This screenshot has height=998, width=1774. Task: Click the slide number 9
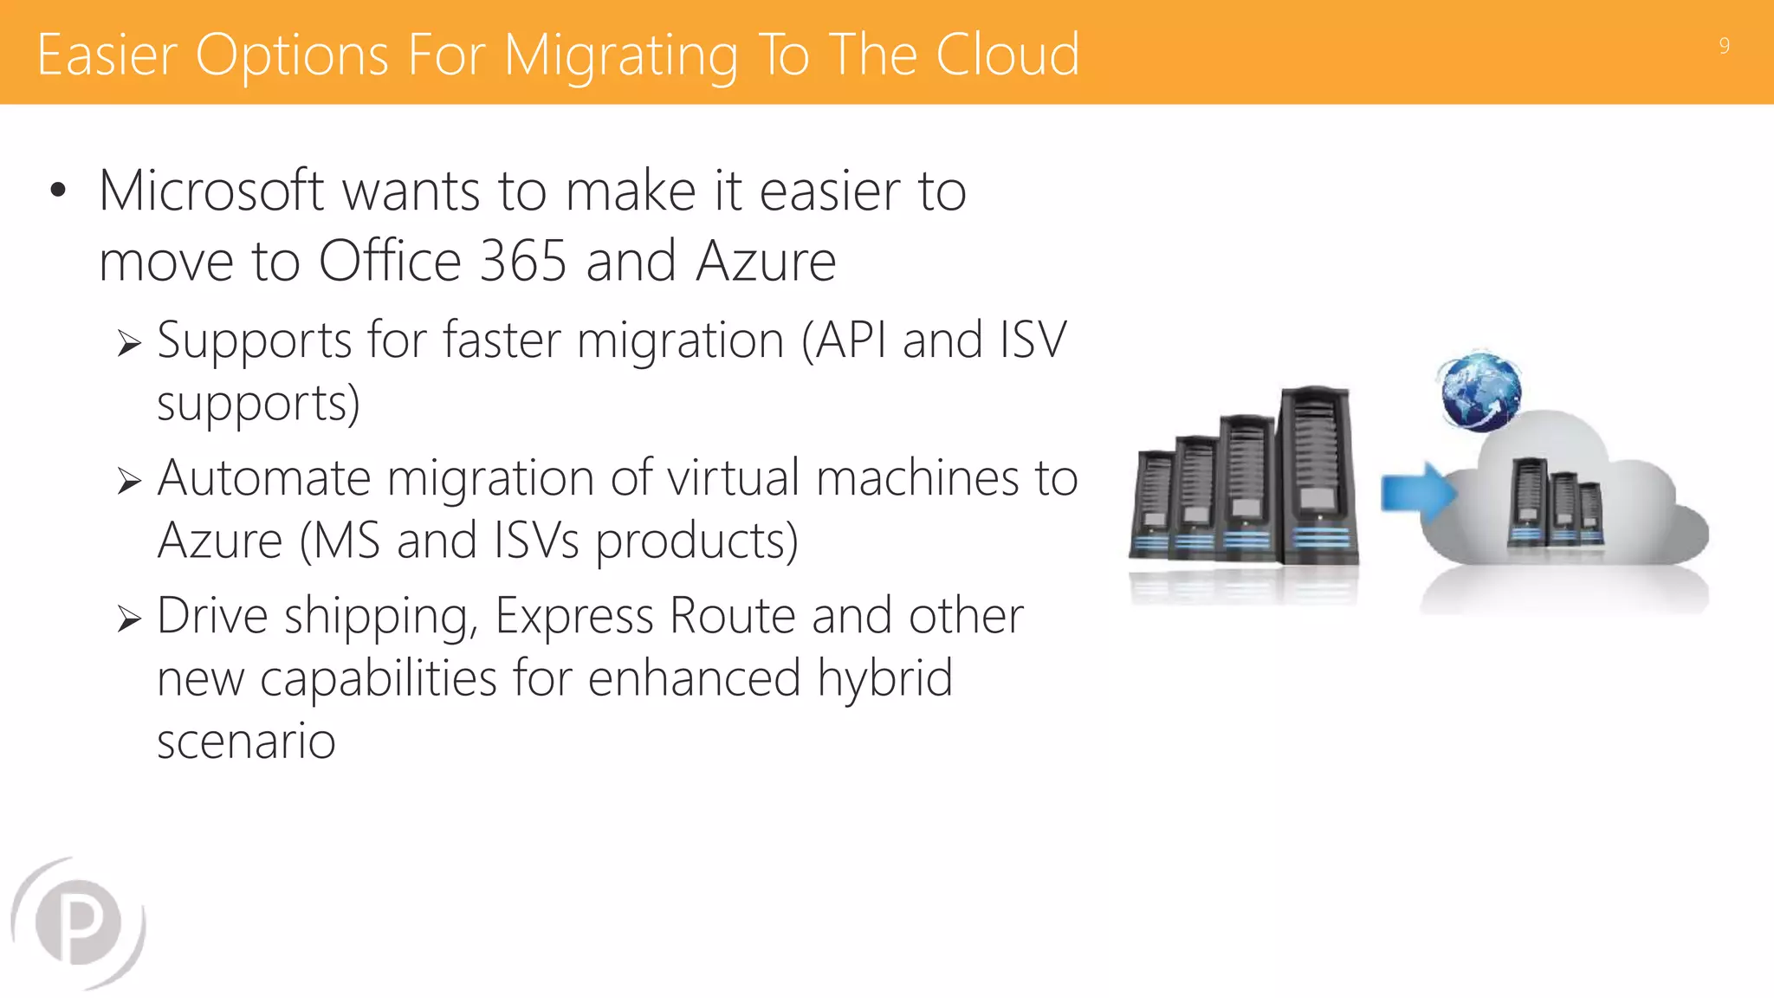pyautogui.click(x=1724, y=46)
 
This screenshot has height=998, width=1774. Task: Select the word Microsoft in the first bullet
pyautogui.click(x=211, y=191)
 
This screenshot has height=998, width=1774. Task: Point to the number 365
pyautogui.click(x=522, y=261)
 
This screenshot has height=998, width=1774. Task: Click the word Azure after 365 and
pyautogui.click(x=766, y=261)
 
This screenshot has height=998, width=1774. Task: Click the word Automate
pyautogui.click(x=263, y=478)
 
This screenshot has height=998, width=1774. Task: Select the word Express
pyautogui.click(x=573, y=617)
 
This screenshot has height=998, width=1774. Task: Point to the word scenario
pyautogui.click(x=246, y=742)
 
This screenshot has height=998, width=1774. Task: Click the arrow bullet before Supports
pyautogui.click(x=129, y=344)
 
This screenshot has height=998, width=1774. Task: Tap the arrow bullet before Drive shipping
pyautogui.click(x=129, y=619)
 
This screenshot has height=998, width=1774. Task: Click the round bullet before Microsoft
pyautogui.click(x=58, y=191)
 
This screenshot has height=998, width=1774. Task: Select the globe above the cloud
pyautogui.click(x=1480, y=392)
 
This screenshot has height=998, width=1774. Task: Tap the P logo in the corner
pyautogui.click(x=79, y=923)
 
